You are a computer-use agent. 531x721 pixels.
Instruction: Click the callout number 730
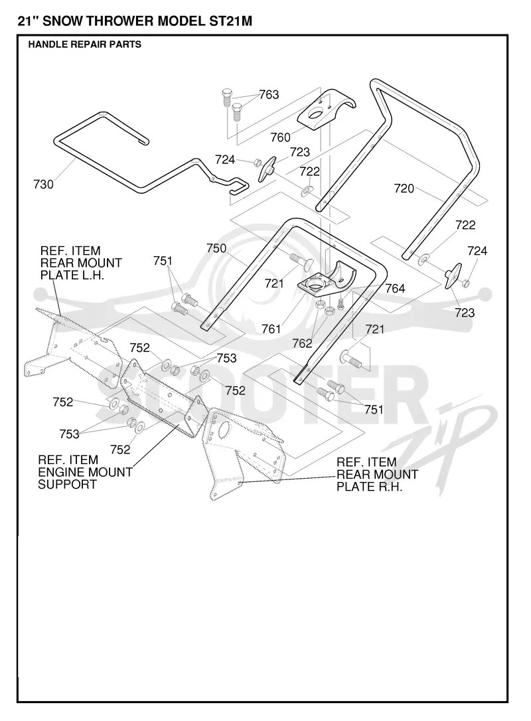point(43,185)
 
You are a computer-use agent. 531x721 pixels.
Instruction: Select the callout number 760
point(281,137)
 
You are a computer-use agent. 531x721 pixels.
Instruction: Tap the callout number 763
point(269,95)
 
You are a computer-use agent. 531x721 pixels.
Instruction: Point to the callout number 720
point(404,189)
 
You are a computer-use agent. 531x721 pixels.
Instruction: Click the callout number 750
point(216,248)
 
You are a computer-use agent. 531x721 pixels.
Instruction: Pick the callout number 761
point(271,329)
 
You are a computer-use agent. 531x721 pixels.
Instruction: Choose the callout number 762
point(302,343)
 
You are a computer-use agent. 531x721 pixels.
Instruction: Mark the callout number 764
point(395,289)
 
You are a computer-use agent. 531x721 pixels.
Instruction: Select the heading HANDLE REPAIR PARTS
point(84,44)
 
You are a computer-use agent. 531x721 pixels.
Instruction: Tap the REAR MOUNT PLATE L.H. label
point(81,263)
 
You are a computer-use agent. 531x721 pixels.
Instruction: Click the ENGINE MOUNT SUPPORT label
point(85,472)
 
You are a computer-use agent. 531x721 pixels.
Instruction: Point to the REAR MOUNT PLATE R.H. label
point(378,475)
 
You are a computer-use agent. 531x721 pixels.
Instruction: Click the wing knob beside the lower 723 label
point(453,276)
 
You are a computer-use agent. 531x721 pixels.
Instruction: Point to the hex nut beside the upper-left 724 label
point(258,162)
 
